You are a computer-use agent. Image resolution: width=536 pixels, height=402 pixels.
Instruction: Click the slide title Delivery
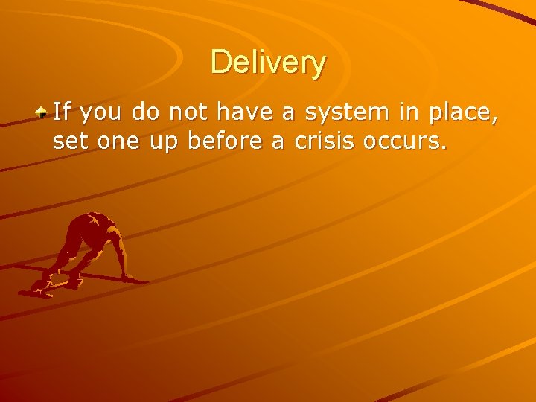(268, 63)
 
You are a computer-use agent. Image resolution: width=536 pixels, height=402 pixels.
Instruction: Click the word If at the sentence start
(62, 113)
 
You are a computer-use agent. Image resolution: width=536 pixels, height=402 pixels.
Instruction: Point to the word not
(183, 113)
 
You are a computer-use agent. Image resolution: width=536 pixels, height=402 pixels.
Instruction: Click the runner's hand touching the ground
(128, 277)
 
